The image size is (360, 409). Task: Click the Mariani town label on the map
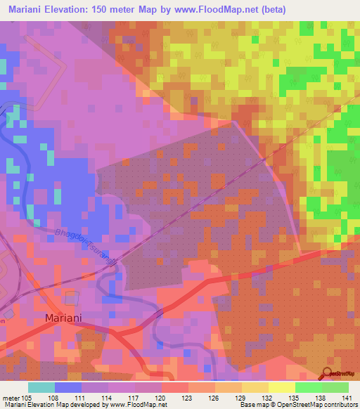[63, 318]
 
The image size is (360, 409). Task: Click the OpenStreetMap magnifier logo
[328, 374]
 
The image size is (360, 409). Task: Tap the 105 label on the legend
[27, 397]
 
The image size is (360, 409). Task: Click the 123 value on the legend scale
[188, 397]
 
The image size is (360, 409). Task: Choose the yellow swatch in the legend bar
[282, 387]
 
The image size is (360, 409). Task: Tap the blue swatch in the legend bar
[68, 387]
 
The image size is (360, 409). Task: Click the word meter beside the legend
[10, 397]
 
